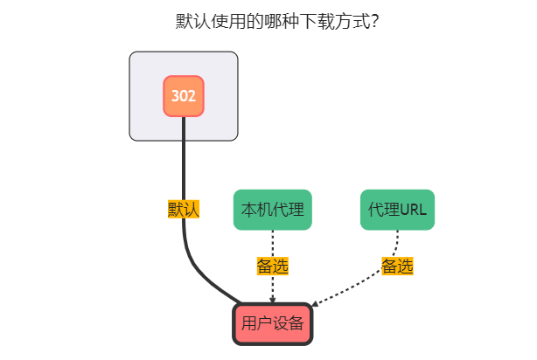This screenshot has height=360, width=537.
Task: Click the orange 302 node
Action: point(184,96)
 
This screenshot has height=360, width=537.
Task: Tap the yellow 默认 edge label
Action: point(184,210)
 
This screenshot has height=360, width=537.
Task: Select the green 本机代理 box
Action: point(273,210)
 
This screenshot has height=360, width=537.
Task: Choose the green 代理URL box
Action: point(397,210)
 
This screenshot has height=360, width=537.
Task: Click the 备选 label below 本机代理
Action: point(273,266)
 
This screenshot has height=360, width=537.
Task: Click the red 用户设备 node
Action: point(273,324)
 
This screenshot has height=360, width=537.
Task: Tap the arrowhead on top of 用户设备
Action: point(273,300)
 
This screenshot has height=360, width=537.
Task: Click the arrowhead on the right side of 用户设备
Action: point(316,304)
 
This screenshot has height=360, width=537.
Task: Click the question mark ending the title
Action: point(374,21)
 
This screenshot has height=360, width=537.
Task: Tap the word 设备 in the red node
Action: point(289,324)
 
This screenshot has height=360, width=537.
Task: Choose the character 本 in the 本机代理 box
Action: point(248,210)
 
